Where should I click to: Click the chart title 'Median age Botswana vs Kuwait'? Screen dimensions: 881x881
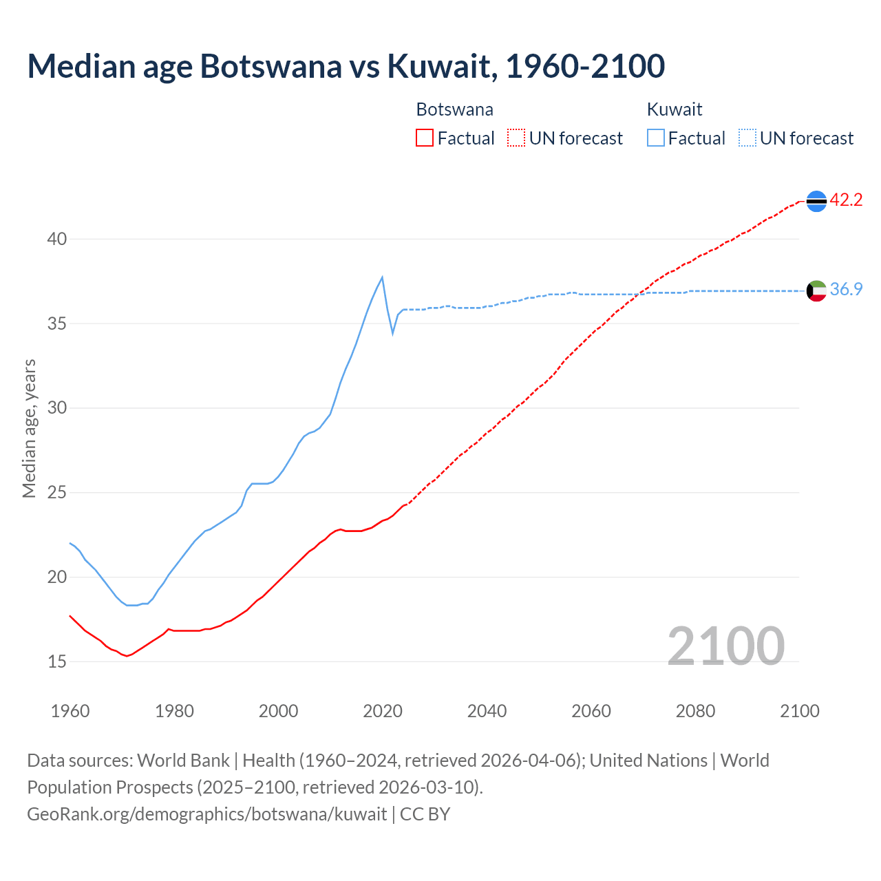click(346, 66)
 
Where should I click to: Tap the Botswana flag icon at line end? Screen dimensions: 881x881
click(816, 200)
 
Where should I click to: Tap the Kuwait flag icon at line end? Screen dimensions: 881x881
click(816, 290)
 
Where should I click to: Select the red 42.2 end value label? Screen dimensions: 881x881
click(846, 200)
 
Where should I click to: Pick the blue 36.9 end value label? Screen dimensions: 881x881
click(846, 289)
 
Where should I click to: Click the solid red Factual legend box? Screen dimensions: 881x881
click(425, 138)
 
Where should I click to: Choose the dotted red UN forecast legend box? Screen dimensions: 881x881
click(516, 138)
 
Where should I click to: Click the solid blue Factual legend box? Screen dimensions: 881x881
click(656, 138)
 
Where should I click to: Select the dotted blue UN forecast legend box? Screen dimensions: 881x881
click(747, 138)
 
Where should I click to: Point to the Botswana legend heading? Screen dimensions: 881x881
click(454, 109)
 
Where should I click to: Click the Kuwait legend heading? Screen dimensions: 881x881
click(675, 109)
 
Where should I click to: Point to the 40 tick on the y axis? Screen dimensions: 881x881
click(57, 239)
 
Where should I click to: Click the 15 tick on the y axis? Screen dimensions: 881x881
click(57, 661)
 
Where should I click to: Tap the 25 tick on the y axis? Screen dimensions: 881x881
click(57, 493)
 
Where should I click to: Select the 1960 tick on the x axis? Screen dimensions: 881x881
click(70, 711)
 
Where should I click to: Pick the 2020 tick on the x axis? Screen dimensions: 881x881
click(383, 711)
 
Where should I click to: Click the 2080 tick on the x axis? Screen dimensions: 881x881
click(695, 711)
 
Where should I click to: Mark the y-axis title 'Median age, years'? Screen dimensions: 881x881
click(29, 428)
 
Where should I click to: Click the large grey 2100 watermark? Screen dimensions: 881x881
click(725, 646)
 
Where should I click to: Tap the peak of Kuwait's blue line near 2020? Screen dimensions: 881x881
click(382, 277)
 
